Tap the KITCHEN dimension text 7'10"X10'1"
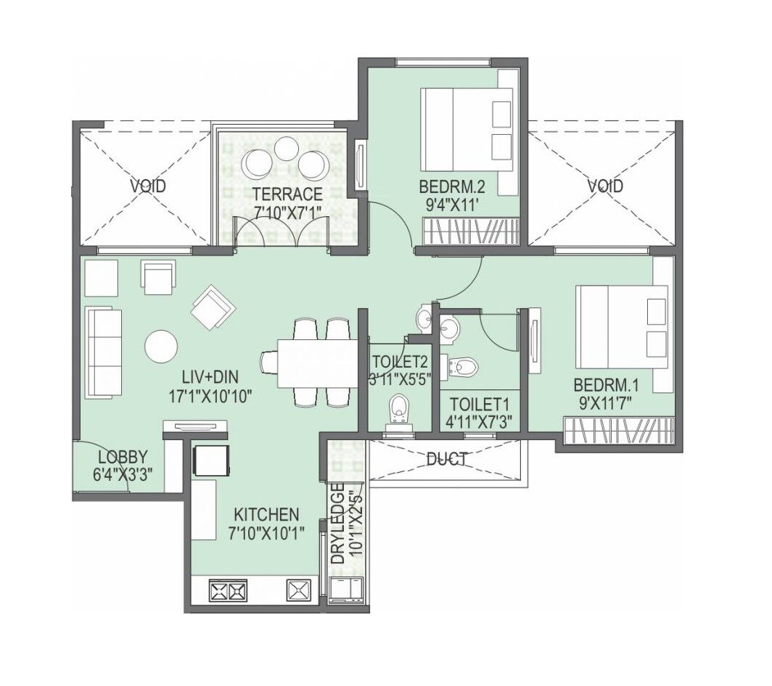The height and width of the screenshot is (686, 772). pos(266,532)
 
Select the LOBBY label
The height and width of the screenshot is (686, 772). pos(123,457)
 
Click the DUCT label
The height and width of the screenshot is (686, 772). pos(446,458)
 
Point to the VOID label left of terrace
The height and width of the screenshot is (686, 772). pos(148,186)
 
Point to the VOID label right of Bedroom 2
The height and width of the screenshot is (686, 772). pos(604,186)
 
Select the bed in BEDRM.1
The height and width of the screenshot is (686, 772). pos(621,328)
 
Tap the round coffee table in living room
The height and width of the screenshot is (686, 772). pos(161,346)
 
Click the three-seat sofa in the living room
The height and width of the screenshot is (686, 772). pos(103,352)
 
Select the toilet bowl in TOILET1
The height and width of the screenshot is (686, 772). pos(464,367)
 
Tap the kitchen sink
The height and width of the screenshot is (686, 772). pos(298,590)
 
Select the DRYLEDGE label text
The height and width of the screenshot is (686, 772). pos(337,528)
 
